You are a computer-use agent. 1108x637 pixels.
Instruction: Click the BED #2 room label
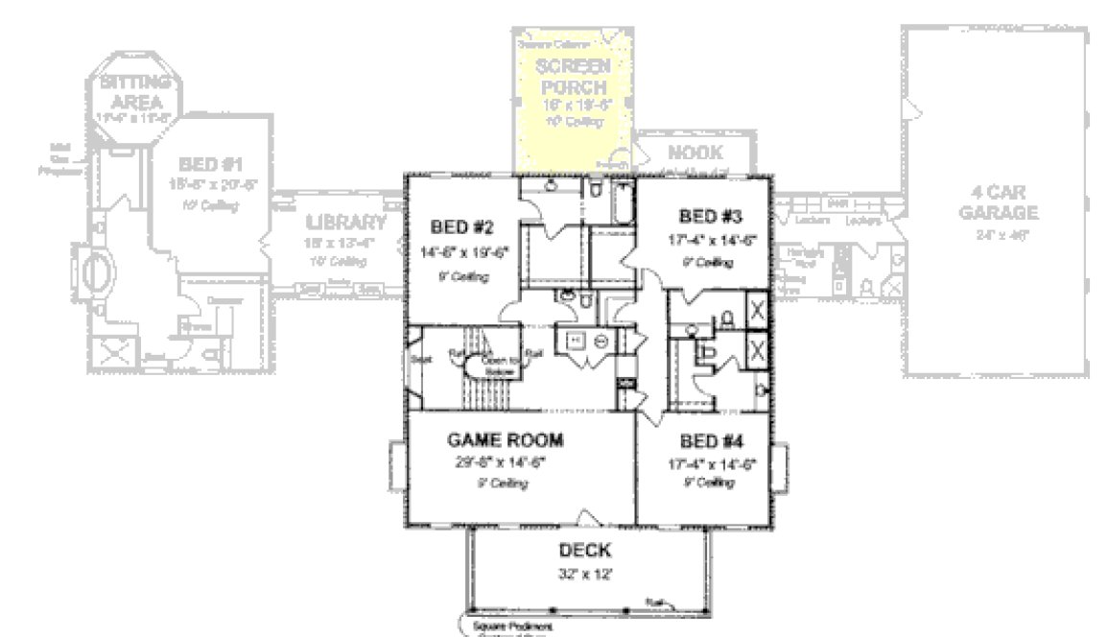coord(461,227)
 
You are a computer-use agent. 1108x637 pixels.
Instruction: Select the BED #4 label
coord(711,441)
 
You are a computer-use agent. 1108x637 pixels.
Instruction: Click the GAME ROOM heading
coord(506,440)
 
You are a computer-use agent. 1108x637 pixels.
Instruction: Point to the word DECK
coord(585,551)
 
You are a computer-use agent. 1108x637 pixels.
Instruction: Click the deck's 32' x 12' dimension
coord(585,574)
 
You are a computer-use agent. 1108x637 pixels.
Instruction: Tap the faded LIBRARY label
coord(346,223)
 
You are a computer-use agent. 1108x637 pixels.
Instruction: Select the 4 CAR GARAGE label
coord(998,202)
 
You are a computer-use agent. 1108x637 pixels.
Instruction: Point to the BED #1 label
coord(210,164)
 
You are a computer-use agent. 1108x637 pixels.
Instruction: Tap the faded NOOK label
coord(695,153)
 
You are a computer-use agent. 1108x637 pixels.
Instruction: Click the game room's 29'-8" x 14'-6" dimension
coord(505,463)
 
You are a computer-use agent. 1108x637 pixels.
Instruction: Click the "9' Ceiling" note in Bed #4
coord(711,483)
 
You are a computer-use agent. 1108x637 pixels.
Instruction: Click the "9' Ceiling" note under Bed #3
coord(710,263)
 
